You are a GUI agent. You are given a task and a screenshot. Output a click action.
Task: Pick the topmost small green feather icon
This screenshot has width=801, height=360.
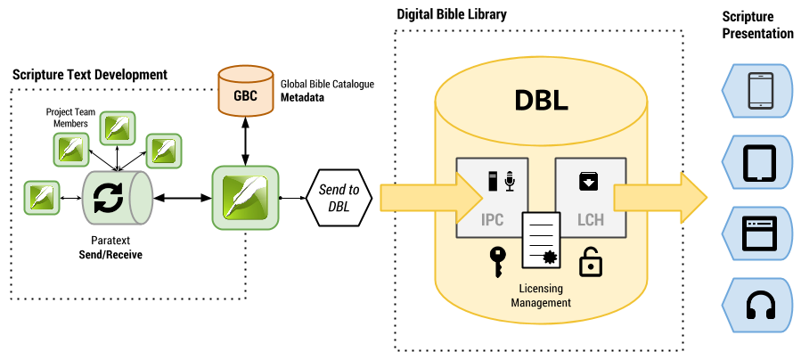coord(117,128)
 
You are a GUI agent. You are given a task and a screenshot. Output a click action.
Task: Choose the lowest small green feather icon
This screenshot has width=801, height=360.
coord(41,197)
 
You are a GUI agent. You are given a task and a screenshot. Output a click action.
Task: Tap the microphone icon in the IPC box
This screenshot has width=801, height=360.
coord(510,184)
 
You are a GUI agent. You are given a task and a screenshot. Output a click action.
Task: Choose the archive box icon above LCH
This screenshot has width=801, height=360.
coord(589,182)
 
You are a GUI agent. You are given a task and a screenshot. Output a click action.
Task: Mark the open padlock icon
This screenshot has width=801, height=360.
coord(589,262)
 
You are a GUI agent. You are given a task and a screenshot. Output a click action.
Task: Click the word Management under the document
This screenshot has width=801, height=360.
coord(541,303)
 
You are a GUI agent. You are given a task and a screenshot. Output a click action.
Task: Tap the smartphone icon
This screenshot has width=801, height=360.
coord(760,90)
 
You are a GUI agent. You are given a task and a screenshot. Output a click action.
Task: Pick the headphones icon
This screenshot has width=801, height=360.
coord(760,305)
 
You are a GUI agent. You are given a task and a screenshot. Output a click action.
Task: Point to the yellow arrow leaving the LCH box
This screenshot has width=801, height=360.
coord(659,198)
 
